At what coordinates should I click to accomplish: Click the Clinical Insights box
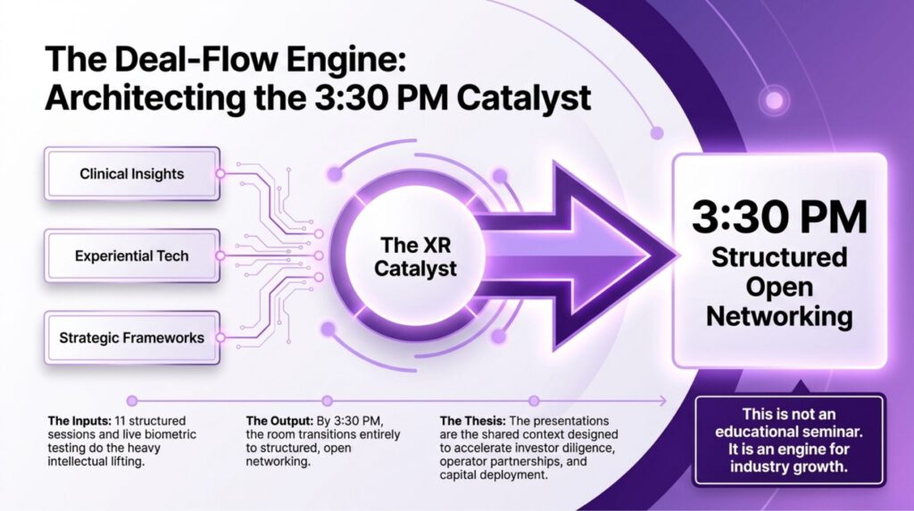pyautogui.click(x=132, y=174)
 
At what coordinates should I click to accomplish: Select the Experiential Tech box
pyautogui.click(x=132, y=255)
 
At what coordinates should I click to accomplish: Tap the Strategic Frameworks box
pyautogui.click(x=132, y=338)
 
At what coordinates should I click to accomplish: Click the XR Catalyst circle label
pyautogui.click(x=415, y=256)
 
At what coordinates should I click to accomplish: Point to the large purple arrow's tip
pyautogui.click(x=679, y=255)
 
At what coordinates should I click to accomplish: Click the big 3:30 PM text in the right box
pyautogui.click(x=779, y=217)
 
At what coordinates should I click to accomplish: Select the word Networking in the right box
pyautogui.click(x=779, y=316)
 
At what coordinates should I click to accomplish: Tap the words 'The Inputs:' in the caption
pyautogui.click(x=79, y=421)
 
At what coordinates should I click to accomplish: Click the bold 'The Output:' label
pyautogui.click(x=279, y=421)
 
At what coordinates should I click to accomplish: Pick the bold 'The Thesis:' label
pyautogui.click(x=473, y=421)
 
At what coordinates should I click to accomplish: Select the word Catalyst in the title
pyautogui.click(x=524, y=98)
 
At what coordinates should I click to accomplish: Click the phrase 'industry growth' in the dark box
pyautogui.click(x=789, y=466)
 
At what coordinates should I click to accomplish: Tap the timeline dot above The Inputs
pyautogui.click(x=132, y=401)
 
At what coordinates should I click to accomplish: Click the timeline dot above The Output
pyautogui.click(x=328, y=401)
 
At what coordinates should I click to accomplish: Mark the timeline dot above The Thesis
pyautogui.click(x=534, y=401)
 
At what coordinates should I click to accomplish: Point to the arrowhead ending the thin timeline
pyautogui.click(x=665, y=401)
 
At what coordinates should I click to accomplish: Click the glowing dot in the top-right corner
pyautogui.click(x=775, y=100)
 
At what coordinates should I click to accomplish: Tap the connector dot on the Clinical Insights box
pyautogui.click(x=220, y=174)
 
